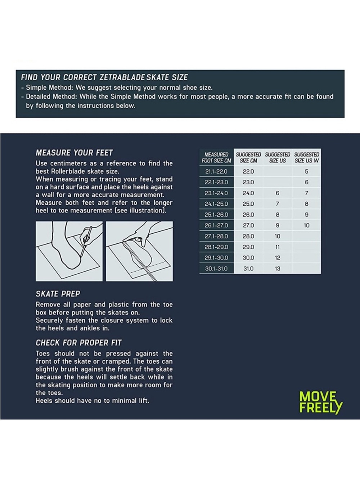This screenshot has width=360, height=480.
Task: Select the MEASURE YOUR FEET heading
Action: [74, 153]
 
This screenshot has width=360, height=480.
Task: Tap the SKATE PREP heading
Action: [58, 294]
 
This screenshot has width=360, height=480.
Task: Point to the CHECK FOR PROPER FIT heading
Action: [78, 343]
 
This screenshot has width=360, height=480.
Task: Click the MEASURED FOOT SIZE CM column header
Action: [216, 158]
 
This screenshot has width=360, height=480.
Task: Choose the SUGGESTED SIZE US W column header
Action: [307, 158]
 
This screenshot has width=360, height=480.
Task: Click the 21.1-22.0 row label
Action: [216, 172]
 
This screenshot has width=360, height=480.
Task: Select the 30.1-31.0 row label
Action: [216, 269]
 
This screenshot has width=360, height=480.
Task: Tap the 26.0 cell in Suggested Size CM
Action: [248, 215]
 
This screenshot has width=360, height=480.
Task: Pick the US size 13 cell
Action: [277, 269]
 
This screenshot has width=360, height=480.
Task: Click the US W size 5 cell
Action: [307, 172]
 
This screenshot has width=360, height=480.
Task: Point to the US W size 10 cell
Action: [307, 225]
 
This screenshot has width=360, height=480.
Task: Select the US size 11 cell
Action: [277, 247]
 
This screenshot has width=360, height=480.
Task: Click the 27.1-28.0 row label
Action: [216, 236]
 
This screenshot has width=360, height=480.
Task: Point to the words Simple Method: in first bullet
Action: [50, 88]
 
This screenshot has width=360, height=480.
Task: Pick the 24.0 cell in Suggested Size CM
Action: [248, 193]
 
